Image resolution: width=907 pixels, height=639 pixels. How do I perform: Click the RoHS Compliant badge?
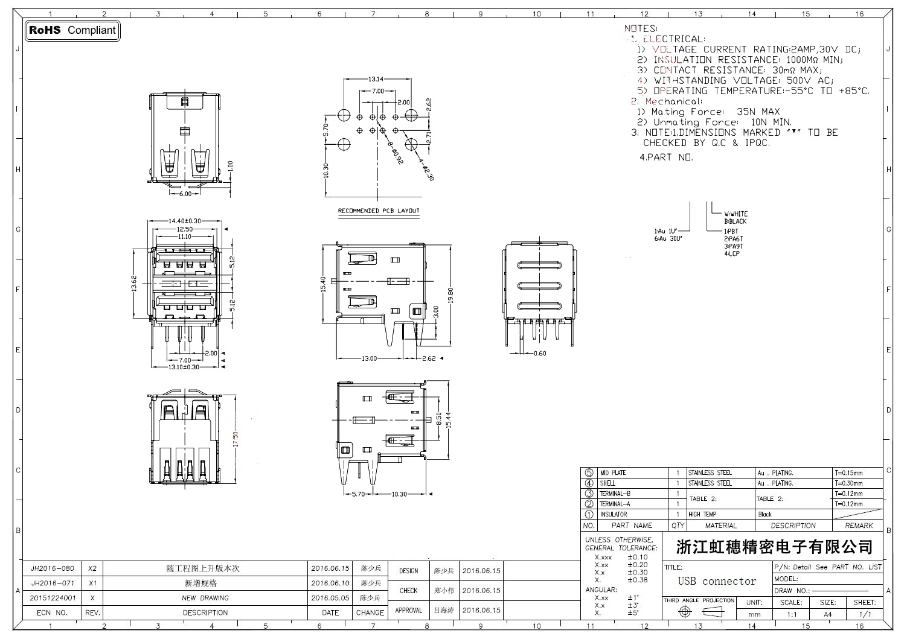(x=72, y=30)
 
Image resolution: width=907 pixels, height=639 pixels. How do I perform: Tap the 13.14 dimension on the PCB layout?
(x=376, y=79)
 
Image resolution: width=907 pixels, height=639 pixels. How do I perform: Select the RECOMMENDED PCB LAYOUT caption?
(x=379, y=211)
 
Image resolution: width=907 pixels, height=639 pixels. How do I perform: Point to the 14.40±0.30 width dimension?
(x=185, y=221)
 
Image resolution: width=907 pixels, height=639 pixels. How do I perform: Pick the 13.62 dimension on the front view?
(x=135, y=283)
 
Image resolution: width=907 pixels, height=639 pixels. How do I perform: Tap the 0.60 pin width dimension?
(x=539, y=354)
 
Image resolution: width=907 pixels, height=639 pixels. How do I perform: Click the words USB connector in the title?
(x=717, y=581)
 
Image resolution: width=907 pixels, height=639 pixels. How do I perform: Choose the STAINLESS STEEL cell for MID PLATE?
(x=710, y=473)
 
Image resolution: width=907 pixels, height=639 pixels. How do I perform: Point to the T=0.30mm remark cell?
(x=848, y=483)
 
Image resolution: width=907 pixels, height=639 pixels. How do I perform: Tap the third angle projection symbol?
(x=699, y=612)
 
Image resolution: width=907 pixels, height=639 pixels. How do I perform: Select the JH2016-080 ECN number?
(x=53, y=568)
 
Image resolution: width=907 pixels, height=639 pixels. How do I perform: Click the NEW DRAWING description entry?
(x=205, y=598)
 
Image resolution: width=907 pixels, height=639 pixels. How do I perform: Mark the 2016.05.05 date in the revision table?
(x=330, y=598)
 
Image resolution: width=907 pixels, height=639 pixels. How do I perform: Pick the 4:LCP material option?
(x=732, y=254)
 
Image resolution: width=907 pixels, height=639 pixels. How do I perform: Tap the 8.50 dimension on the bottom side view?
(x=439, y=418)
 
